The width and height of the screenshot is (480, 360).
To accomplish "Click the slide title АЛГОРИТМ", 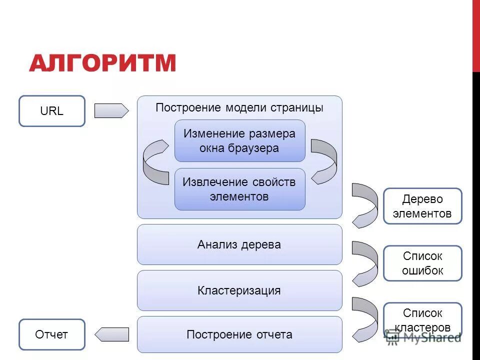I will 102,63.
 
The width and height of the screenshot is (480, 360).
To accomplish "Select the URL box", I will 52,111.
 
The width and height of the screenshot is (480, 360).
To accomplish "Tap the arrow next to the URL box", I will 111,110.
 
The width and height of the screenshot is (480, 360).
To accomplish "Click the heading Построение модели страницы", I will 239,108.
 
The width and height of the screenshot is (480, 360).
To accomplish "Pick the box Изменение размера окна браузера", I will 239,140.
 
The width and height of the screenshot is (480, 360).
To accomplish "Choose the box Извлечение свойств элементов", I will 239,189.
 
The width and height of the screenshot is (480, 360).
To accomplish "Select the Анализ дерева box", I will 239,244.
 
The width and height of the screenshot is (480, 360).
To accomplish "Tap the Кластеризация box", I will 239,290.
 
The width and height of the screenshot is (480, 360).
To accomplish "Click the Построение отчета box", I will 239,334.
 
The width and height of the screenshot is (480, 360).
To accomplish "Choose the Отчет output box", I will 52,334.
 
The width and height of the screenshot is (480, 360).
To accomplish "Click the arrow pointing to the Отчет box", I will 112,334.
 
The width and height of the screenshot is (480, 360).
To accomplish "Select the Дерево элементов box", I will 422,206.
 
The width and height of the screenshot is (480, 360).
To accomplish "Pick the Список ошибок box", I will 422,263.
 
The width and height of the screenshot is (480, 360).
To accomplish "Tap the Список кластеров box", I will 422,320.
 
